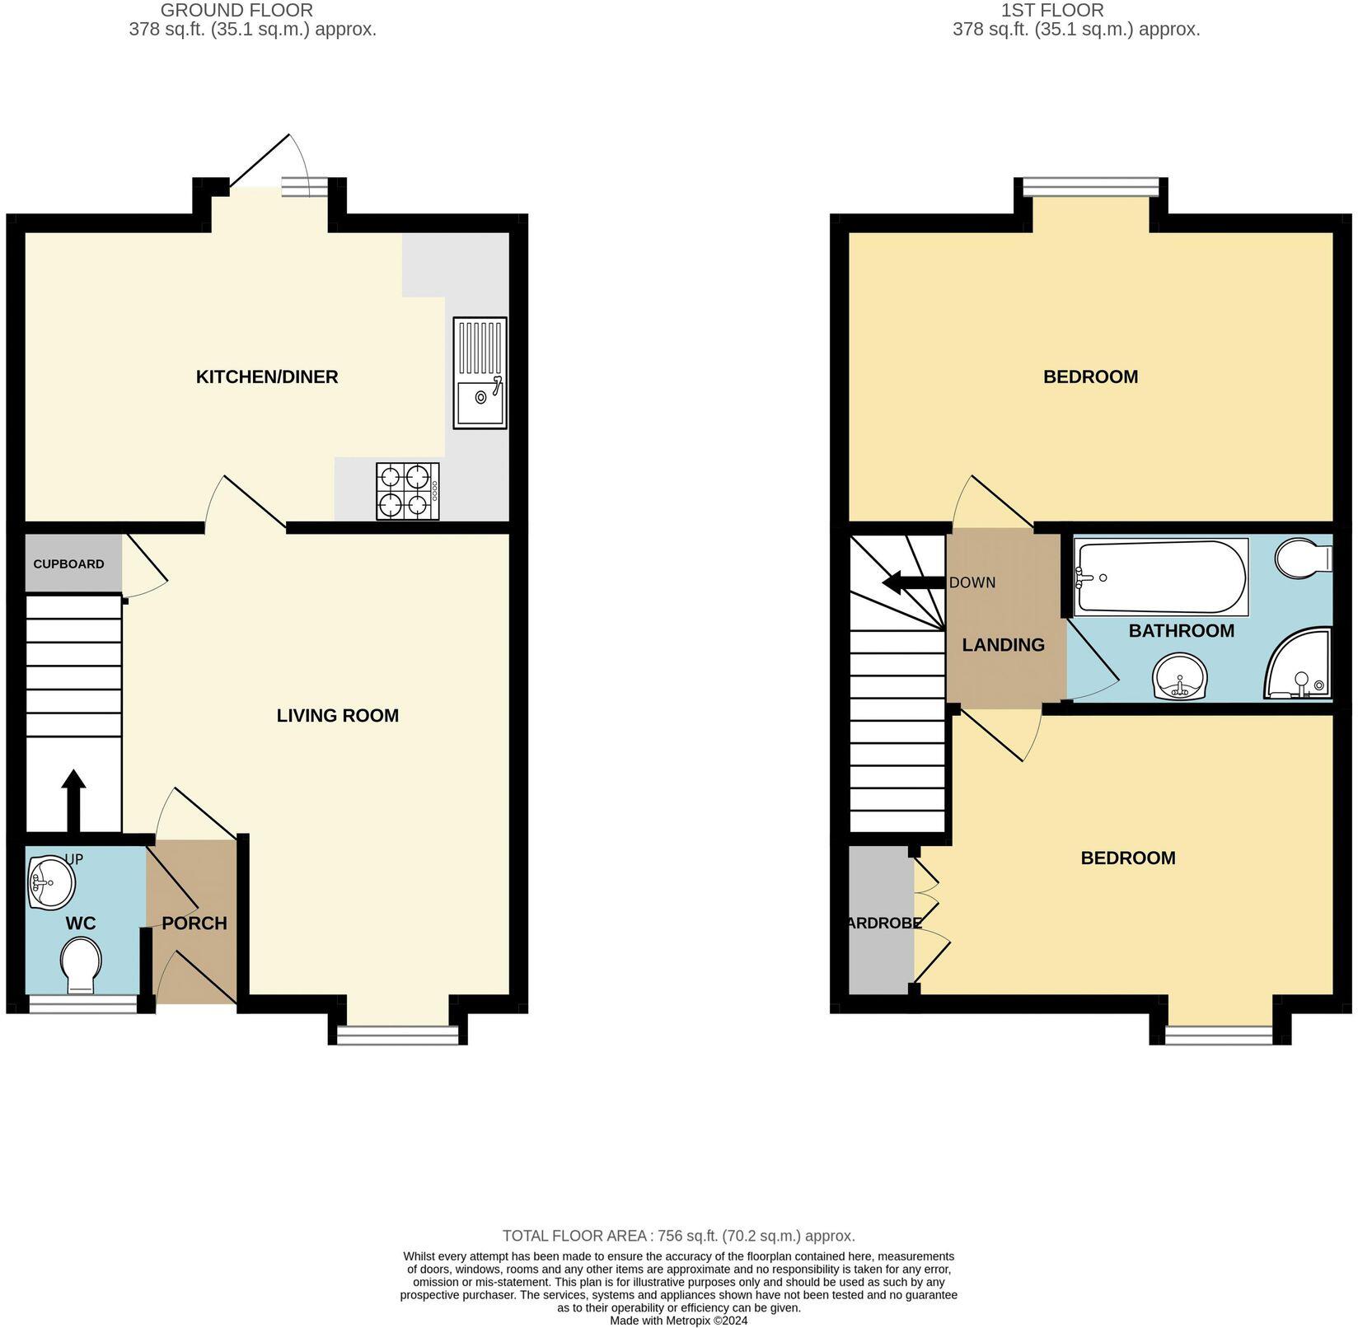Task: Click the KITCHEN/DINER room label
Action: pyautogui.click(x=266, y=376)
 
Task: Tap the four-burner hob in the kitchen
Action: pyautogui.click(x=407, y=491)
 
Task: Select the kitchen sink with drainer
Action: pyautogui.click(x=480, y=372)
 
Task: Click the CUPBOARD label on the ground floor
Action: pyautogui.click(x=68, y=564)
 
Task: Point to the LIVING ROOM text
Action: pyautogui.click(x=337, y=715)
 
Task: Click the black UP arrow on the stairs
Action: pyautogui.click(x=74, y=799)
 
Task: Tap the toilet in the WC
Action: pyautogui.click(x=81, y=966)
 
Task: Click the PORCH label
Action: pyautogui.click(x=194, y=923)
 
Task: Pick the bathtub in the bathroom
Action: pyautogui.click(x=1160, y=577)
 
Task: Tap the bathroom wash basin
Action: pyautogui.click(x=1180, y=677)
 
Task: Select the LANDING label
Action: pyautogui.click(x=1003, y=645)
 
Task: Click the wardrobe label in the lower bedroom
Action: pyautogui.click(x=883, y=924)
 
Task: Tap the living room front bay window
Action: pyautogui.click(x=397, y=1034)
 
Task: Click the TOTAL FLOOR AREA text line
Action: pyautogui.click(x=678, y=1236)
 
